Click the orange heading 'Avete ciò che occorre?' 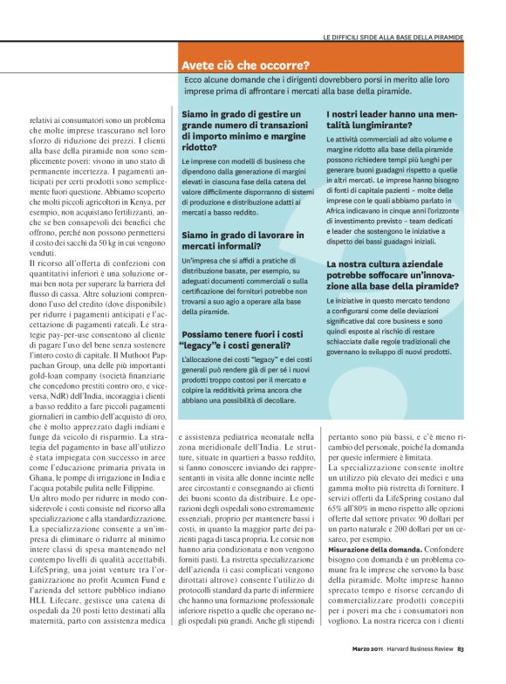245,65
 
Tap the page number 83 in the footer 461,671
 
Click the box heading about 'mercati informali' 243,241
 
